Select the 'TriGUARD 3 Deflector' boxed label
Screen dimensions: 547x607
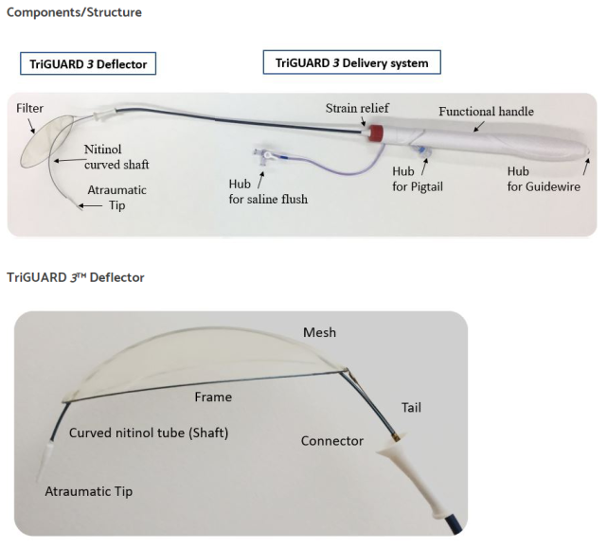pos(87,63)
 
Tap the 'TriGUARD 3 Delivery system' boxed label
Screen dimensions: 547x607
pos(351,63)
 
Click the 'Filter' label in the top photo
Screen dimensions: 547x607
pos(30,109)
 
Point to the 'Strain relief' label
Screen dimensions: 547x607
pos(357,107)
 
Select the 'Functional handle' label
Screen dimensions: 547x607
pos(486,111)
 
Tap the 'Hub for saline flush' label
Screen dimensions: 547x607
pos(268,191)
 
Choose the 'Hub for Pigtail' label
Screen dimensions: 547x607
pos(418,179)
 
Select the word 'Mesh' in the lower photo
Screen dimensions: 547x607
pos(319,332)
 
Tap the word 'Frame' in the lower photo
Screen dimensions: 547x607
pos(213,397)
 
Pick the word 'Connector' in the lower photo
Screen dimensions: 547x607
pos(332,441)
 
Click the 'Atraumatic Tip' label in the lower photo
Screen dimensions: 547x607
pos(89,491)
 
